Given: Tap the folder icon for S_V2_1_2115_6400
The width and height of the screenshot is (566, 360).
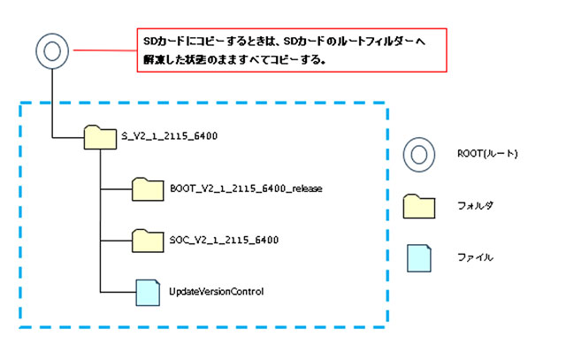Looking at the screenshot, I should (x=100, y=137).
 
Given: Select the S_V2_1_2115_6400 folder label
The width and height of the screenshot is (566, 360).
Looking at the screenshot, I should (x=169, y=136).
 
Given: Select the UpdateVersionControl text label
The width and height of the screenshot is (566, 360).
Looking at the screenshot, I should (x=217, y=291).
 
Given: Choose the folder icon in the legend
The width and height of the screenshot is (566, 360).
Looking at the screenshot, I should (x=421, y=206).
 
